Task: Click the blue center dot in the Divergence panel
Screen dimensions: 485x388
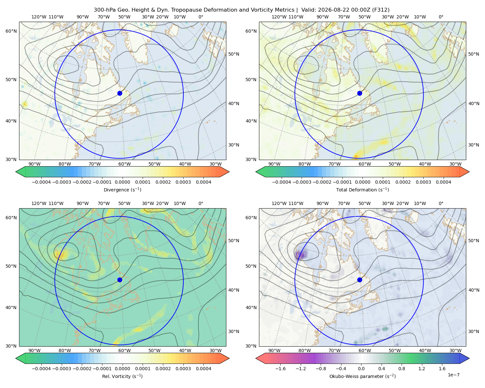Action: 120,93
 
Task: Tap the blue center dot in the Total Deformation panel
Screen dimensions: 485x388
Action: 360,93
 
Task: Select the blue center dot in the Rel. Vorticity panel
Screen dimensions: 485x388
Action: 120,280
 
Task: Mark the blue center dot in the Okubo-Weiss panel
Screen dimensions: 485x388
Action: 360,280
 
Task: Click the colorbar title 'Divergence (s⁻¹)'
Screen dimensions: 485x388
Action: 122,189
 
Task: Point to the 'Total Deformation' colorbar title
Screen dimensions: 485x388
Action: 362,189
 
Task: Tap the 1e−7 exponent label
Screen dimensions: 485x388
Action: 453,375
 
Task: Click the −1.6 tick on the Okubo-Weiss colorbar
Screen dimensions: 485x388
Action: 280,369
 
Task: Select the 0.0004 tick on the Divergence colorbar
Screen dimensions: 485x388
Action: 203,182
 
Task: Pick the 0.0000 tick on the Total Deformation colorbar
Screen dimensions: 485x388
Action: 362,182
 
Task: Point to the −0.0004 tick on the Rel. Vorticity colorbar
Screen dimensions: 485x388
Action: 41,369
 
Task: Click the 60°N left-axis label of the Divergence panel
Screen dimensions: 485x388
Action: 11,31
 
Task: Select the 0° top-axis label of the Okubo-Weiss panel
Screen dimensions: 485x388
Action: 441,203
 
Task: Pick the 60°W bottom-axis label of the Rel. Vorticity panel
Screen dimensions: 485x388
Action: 124,350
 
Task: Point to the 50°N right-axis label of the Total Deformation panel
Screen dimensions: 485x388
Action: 473,54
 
